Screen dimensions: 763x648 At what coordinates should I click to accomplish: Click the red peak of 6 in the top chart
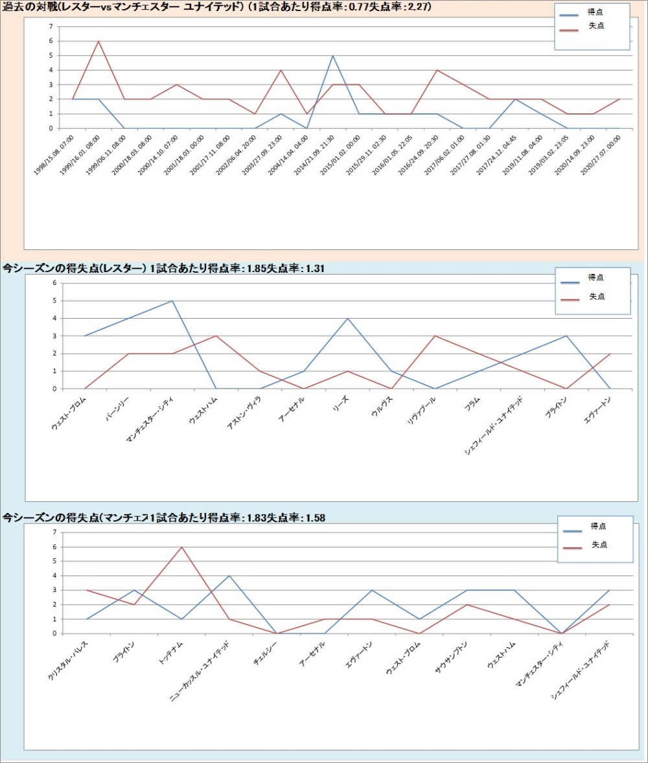pos(98,41)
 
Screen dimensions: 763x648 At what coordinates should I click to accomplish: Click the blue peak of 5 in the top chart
pos(333,56)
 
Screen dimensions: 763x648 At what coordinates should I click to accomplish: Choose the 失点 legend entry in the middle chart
pos(597,297)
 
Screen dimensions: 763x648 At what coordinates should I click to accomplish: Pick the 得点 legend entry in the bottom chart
pos(598,526)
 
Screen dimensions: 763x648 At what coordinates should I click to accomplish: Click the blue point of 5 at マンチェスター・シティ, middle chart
pos(172,301)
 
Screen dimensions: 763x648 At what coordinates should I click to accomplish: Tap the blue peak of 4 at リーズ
pos(348,318)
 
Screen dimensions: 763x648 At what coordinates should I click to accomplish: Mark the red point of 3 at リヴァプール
pos(435,336)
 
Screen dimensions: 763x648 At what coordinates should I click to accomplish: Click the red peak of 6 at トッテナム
pos(181,547)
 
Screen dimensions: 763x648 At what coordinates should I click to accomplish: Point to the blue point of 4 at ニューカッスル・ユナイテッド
pos(229,576)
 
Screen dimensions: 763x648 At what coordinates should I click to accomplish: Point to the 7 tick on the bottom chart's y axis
pos(54,532)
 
